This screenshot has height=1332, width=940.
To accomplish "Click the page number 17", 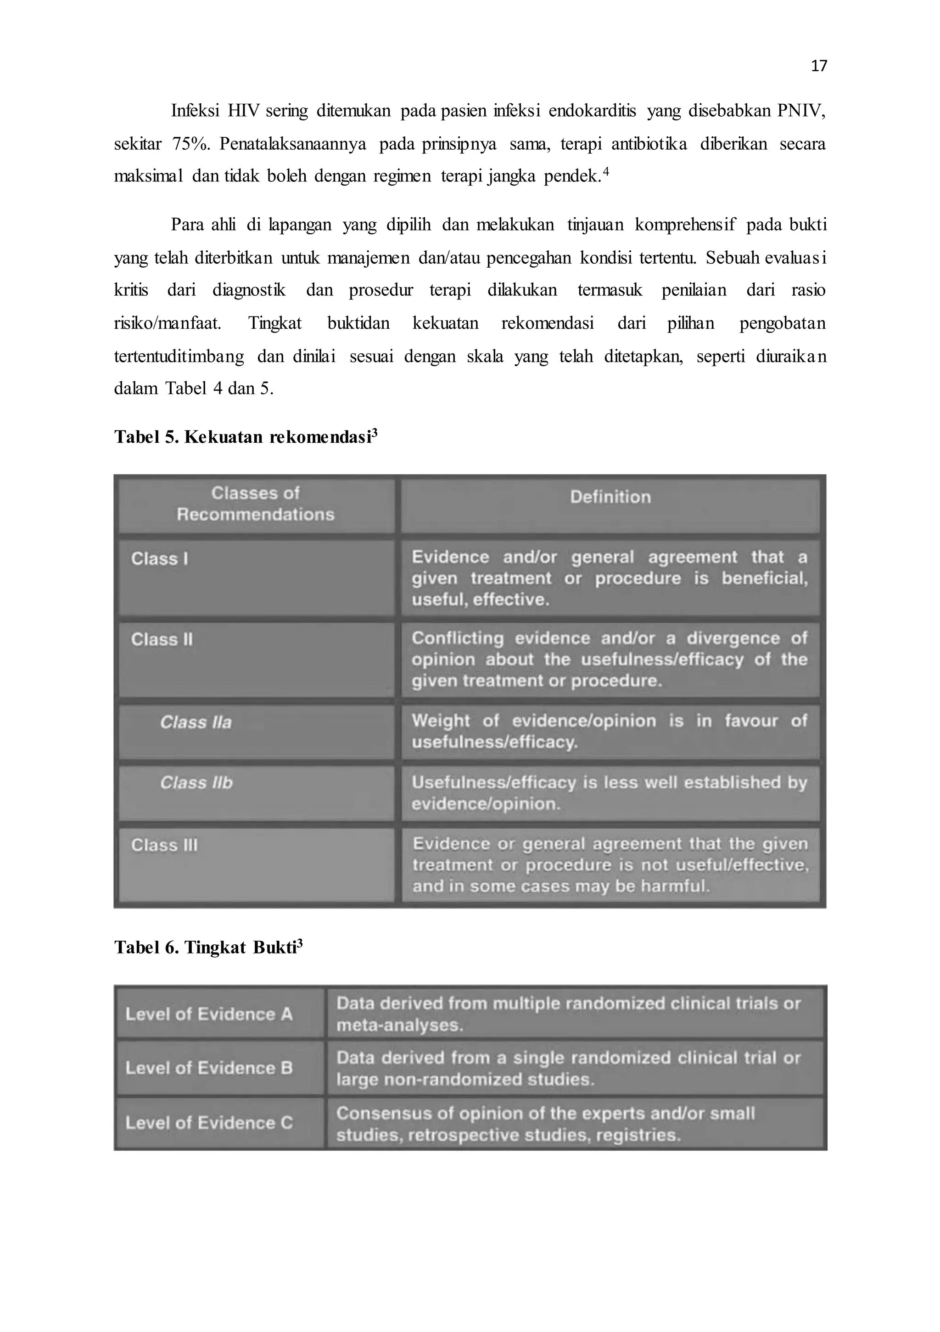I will click(x=818, y=66).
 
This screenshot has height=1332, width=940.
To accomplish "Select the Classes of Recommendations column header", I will click(x=255, y=503).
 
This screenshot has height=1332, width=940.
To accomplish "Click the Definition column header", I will click(x=610, y=497).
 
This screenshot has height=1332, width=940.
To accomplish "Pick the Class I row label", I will click(x=159, y=559).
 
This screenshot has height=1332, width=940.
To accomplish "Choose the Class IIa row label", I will click(x=196, y=722).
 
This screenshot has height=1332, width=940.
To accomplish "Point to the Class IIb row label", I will click(x=196, y=783).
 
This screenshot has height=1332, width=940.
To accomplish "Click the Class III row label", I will click(x=164, y=845).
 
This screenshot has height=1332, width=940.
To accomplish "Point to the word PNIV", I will click(x=800, y=111).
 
